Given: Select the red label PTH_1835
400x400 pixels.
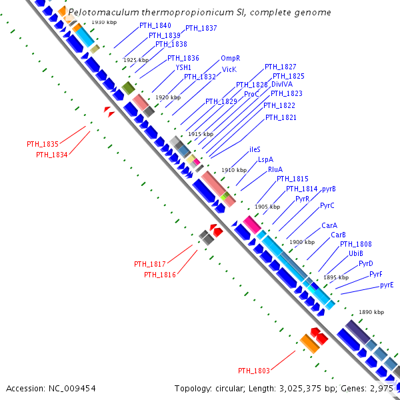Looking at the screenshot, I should click(43, 144).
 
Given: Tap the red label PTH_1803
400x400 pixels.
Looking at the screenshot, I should click(254, 371).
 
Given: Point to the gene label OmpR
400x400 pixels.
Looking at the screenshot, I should click(230, 59).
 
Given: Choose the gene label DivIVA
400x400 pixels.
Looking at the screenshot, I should click(282, 85).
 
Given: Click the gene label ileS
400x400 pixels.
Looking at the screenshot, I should click(255, 149).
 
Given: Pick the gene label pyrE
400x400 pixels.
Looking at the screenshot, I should click(387, 285).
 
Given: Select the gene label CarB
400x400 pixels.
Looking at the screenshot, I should click(338, 235).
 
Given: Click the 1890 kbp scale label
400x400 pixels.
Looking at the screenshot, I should click(371, 312).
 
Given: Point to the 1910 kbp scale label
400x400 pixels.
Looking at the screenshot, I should click(234, 170).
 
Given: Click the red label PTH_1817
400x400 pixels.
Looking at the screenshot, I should click(150, 264).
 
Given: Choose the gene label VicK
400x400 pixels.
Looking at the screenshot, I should click(229, 69).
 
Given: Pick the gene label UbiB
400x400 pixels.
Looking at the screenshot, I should click(355, 253).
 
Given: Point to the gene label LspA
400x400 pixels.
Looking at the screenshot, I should click(265, 159).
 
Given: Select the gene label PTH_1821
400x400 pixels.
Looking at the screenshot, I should click(281, 117).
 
